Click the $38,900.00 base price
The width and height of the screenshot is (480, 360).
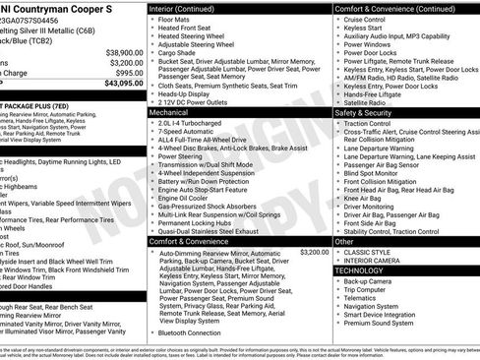pyautogui.click(x=117, y=52)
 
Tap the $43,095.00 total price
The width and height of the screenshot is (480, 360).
pyautogui.click(x=117, y=83)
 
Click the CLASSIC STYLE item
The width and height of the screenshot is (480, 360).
pyautogui.click(x=368, y=251)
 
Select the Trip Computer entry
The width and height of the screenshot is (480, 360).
pyautogui.click(x=370, y=289)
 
